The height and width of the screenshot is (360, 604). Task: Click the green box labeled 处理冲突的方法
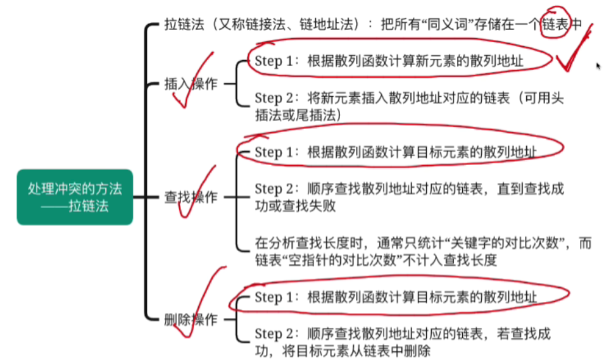75,197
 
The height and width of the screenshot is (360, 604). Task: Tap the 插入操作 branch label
191,84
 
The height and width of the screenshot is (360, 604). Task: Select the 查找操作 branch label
191,197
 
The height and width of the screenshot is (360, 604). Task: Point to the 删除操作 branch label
191,320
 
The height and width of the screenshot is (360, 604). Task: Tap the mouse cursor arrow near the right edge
598,65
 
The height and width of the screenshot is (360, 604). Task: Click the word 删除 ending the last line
422,351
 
